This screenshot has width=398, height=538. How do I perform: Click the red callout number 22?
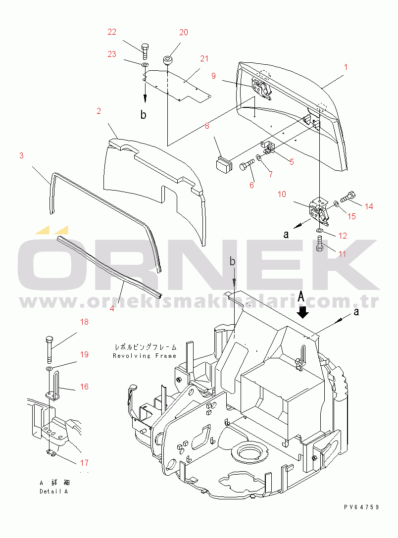[112, 32]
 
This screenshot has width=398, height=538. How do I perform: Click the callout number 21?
[204, 59]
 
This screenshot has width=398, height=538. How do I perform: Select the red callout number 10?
[282, 194]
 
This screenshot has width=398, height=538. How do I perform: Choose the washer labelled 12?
[320, 230]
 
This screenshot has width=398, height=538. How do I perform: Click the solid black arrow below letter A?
[303, 312]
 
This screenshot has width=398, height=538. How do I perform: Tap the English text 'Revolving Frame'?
[145, 356]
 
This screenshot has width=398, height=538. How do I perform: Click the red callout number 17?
[85, 463]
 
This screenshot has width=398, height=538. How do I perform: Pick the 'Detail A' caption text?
[53, 491]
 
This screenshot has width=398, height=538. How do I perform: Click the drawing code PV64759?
[362, 507]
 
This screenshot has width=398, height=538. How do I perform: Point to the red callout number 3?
[21, 156]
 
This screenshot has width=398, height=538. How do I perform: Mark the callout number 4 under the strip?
[112, 308]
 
